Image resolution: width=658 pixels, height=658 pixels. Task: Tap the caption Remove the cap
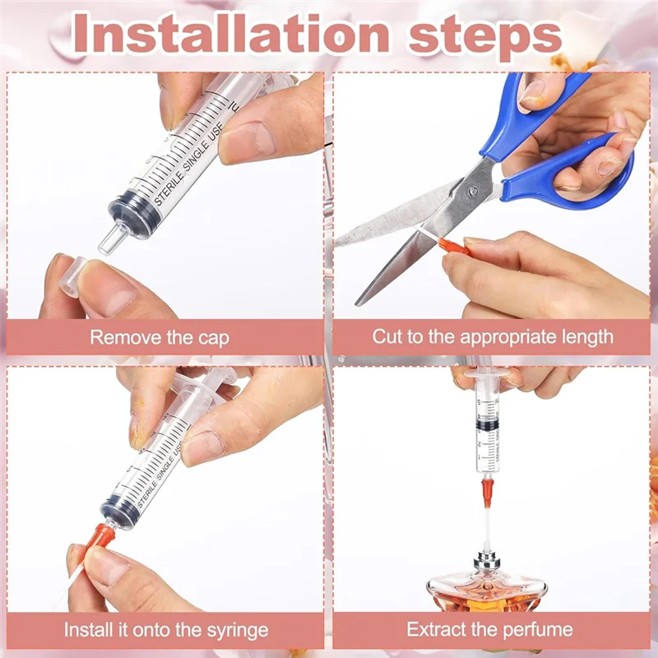click(x=160, y=337)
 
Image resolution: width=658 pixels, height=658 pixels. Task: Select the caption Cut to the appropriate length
click(x=493, y=337)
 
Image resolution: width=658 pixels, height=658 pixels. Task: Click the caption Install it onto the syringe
click(x=167, y=631)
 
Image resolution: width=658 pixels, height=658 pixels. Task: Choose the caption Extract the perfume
click(x=490, y=631)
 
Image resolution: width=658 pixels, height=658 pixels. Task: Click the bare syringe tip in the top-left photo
click(x=109, y=239)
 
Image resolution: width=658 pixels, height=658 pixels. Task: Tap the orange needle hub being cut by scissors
click(x=454, y=244)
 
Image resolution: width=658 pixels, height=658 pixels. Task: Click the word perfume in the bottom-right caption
click(x=545, y=631)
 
